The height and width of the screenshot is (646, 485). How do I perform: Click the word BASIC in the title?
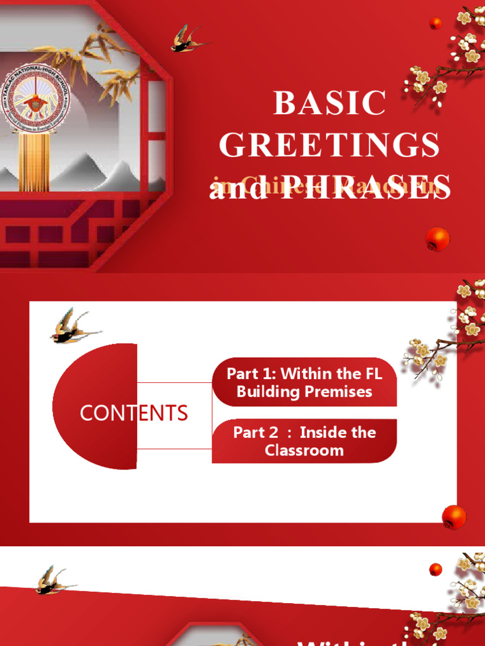(x=329, y=103)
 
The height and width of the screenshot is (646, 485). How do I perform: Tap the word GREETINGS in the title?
(x=329, y=145)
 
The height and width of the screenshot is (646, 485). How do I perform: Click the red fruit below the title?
(x=438, y=239)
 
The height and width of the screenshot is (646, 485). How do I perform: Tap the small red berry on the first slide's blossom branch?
(x=435, y=23)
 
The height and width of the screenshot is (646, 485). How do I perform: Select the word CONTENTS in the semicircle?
(x=133, y=413)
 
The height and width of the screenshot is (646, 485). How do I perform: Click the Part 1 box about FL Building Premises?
(x=304, y=382)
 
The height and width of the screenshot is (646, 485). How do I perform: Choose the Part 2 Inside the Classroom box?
(x=304, y=441)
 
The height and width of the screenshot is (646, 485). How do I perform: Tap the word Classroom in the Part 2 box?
(x=304, y=450)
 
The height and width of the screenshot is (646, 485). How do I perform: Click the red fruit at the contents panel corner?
(x=454, y=517)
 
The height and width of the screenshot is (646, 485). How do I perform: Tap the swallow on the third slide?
(x=51, y=580)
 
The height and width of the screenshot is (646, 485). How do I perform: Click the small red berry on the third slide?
(x=435, y=570)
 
